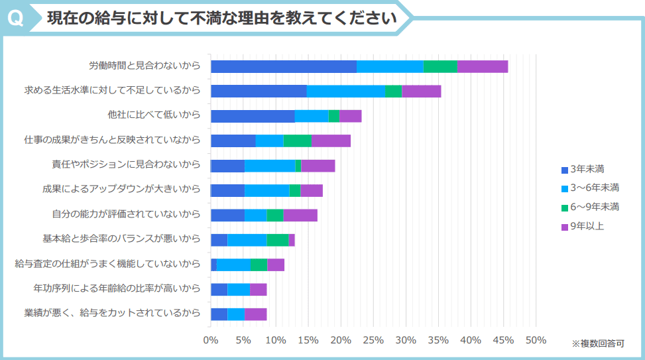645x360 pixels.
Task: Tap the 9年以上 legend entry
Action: click(583, 226)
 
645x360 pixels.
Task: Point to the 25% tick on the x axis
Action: click(373, 340)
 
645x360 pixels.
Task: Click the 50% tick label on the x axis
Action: click(536, 340)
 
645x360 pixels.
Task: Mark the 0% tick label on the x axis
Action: click(211, 340)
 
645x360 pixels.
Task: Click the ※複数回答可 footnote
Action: click(598, 343)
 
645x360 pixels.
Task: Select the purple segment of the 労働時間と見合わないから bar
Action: click(482, 66)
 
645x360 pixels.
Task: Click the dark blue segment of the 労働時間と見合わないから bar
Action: click(283, 66)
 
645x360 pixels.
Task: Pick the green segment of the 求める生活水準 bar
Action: click(393, 91)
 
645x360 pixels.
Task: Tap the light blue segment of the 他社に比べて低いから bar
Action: click(312, 116)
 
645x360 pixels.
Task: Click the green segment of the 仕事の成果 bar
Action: click(297, 141)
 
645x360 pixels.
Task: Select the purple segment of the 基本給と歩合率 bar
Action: click(292, 240)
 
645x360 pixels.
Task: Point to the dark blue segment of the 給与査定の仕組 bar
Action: click(213, 265)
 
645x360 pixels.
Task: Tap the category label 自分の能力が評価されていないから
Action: click(126, 214)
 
